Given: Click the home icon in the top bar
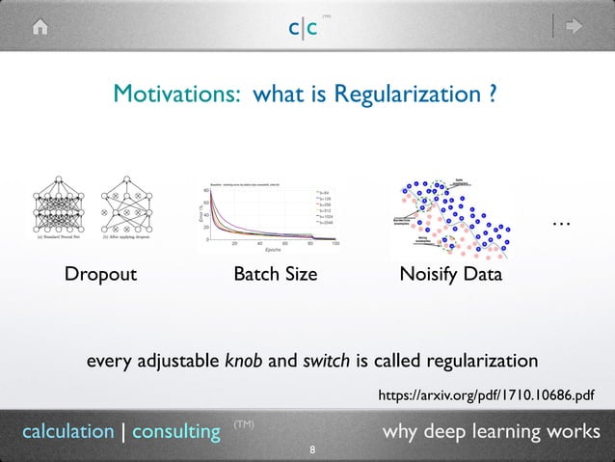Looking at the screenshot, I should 40,28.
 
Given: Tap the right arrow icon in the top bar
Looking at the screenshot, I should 575,28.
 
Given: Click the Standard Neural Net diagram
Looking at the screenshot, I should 58,207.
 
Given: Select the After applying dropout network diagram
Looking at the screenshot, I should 128,207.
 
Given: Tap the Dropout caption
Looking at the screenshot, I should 100,275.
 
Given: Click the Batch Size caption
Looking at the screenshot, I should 276,275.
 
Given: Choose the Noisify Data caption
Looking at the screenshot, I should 450,275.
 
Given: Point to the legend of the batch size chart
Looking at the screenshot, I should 324,206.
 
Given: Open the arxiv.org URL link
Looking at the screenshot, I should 486,395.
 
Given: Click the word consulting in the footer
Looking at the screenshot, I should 176,431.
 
